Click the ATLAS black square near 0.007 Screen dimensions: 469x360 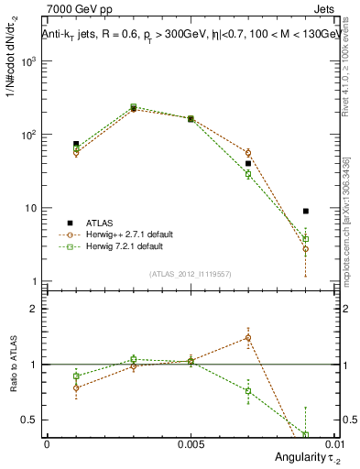pos(248,163)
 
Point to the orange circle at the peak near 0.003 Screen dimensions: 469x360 pos(134,108)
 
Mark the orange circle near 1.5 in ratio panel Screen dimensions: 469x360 pos(248,337)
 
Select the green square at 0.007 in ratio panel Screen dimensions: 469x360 pos(248,391)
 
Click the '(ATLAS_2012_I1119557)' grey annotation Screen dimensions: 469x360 pos(191,274)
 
